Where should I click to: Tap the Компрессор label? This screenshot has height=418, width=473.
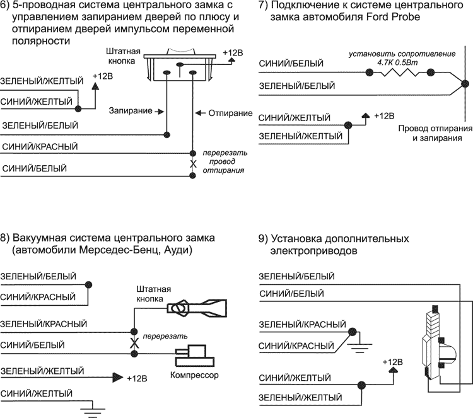194,376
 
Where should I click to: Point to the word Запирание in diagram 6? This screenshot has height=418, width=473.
131,111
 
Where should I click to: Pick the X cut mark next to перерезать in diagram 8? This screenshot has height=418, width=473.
133,343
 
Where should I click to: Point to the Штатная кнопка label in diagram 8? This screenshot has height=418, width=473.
154,293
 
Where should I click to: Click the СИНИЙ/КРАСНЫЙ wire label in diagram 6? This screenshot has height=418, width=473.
40,146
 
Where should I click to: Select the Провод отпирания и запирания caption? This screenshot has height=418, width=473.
435,134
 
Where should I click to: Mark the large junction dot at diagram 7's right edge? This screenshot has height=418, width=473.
465,83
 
